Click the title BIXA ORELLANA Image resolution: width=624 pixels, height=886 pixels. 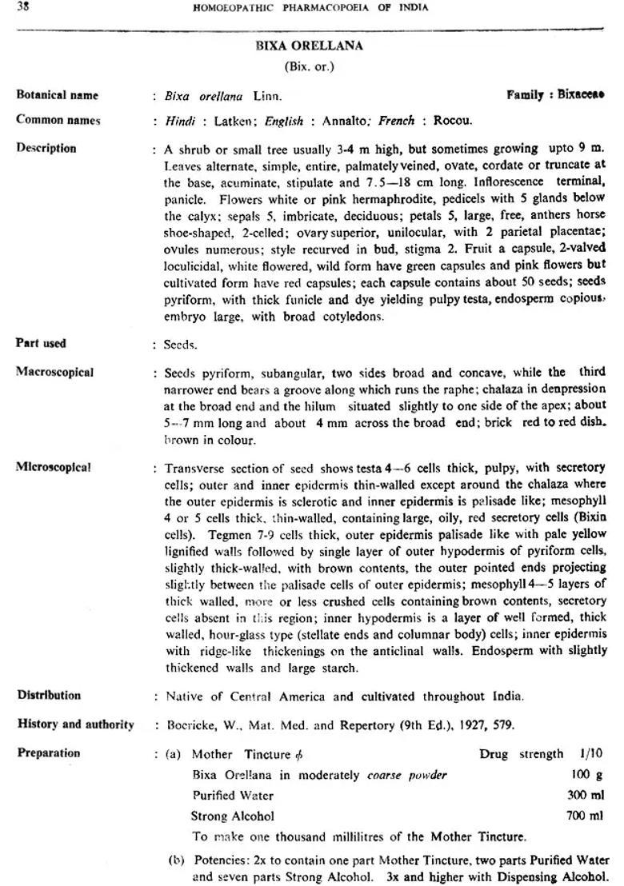pyautogui.click(x=309, y=46)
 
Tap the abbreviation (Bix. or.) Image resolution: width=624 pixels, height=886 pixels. pyautogui.click(x=309, y=66)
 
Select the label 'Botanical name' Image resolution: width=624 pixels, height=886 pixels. pyautogui.click(x=57, y=95)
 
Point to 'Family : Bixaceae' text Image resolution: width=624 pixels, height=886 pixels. pyautogui.click(x=555, y=94)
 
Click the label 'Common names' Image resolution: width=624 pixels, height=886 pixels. pyautogui.click(x=58, y=121)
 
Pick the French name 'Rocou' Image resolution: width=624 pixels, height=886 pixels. pyautogui.click(x=453, y=122)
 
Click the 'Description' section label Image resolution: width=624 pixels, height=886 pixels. pyautogui.click(x=46, y=149)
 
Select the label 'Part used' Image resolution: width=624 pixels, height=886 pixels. pyautogui.click(x=42, y=344)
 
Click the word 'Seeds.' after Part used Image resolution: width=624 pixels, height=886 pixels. pyautogui.click(x=180, y=345)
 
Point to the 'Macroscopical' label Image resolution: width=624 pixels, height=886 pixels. pyautogui.click(x=54, y=373)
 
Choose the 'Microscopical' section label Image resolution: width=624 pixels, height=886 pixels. pyautogui.click(x=54, y=468)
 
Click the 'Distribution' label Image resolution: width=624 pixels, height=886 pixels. pyautogui.click(x=49, y=696)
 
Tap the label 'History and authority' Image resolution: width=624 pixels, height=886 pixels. pyautogui.click(x=75, y=724)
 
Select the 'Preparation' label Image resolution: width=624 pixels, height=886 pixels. pyautogui.click(x=49, y=753)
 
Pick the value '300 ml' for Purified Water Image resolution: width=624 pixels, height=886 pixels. pyautogui.click(x=586, y=796)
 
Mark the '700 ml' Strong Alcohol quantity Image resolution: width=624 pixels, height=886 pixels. pyautogui.click(x=586, y=816)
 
